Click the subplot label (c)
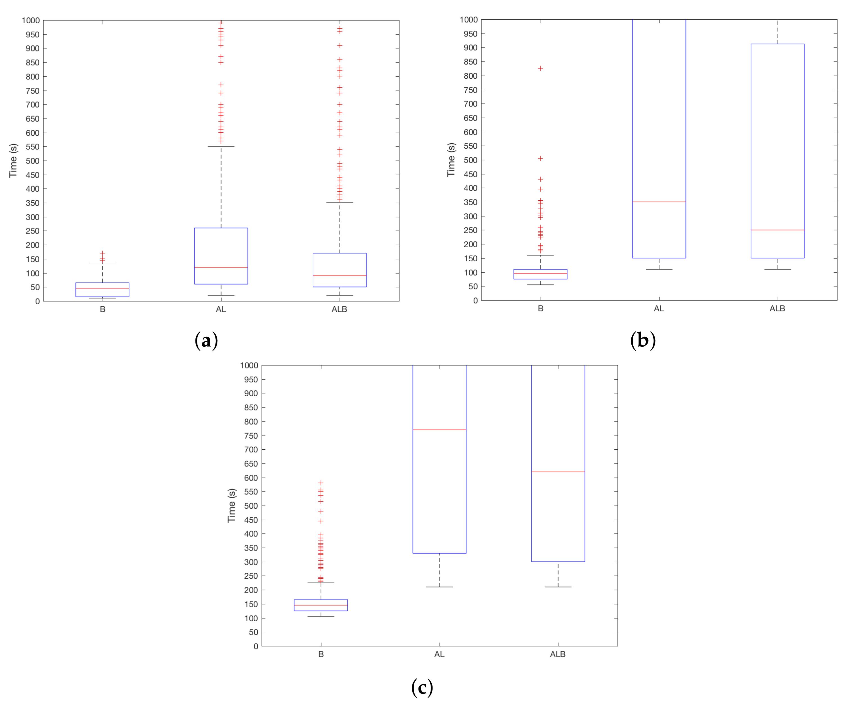click(x=422, y=687)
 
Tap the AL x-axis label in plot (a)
click(x=221, y=309)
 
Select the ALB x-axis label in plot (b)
click(x=777, y=309)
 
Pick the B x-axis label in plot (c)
click(x=321, y=654)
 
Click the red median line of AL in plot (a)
click(x=221, y=267)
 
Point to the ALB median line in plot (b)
click(x=777, y=230)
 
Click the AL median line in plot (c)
click(x=439, y=430)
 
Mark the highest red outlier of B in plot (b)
click(x=540, y=68)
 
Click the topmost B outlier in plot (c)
click(x=321, y=483)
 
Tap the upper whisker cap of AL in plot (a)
click(x=221, y=147)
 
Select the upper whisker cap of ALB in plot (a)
click(x=340, y=202)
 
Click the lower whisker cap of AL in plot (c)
click(x=439, y=587)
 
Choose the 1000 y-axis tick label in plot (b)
click(x=469, y=19)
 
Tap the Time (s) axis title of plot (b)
click(x=451, y=160)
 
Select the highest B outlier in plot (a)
click(x=103, y=253)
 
